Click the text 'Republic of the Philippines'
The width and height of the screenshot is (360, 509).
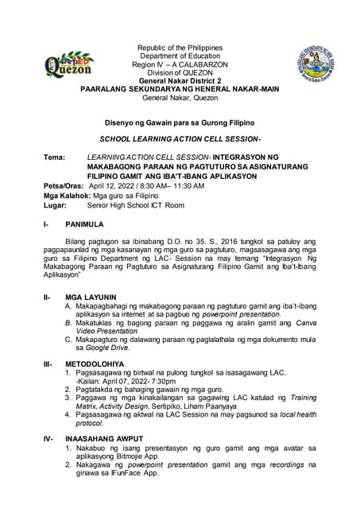[180, 49]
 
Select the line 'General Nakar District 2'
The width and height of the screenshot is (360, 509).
[180, 82]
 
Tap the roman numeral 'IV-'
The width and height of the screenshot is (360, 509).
[49, 438]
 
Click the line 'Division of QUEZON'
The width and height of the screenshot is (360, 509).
[180, 73]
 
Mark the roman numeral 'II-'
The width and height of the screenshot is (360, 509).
[48, 297]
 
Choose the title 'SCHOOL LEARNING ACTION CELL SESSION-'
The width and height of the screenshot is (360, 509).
[180, 139]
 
